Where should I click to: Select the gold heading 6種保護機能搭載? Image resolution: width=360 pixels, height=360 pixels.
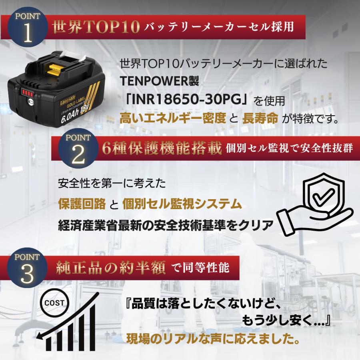click(161, 148)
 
